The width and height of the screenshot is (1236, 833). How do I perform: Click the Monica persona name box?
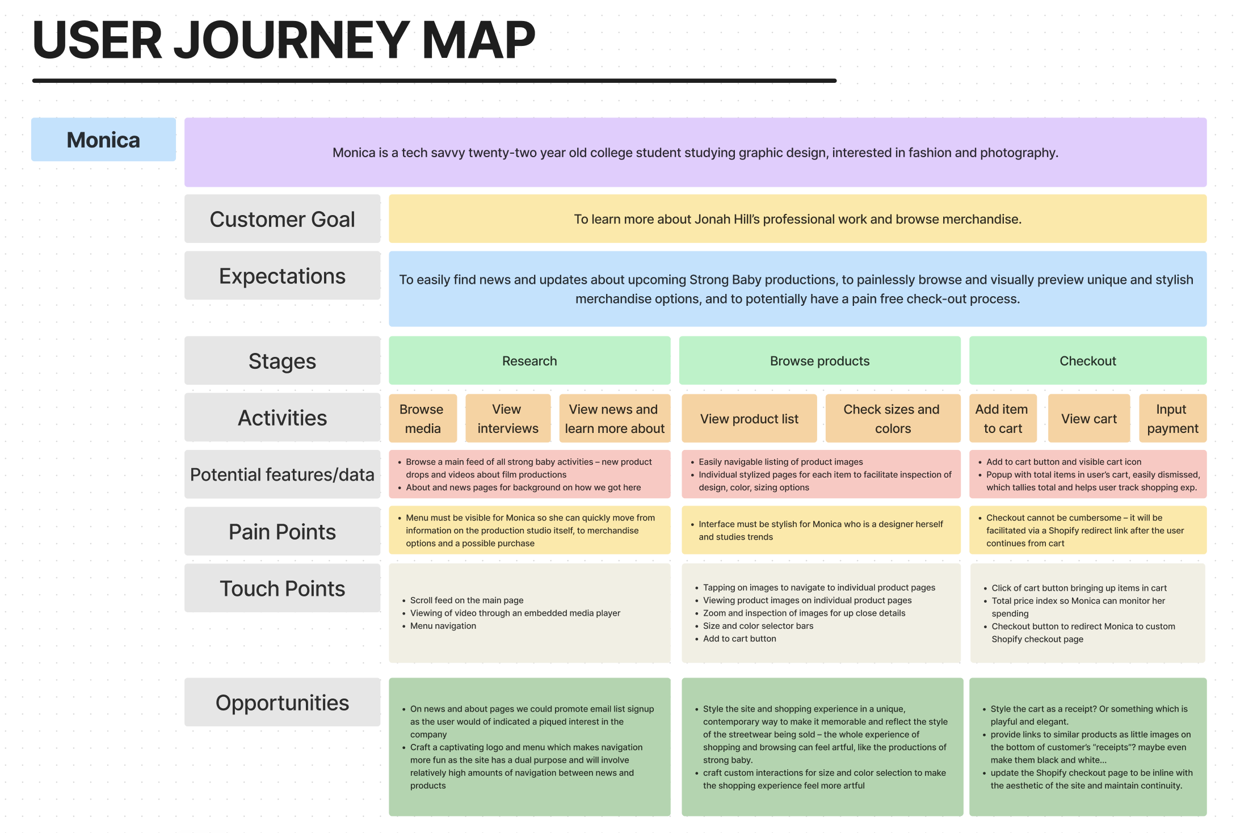coord(103,140)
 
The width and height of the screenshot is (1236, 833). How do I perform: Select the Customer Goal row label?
coord(282,219)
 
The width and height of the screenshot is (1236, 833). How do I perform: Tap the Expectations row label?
coord(282,276)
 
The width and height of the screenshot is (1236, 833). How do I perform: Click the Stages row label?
coord(282,361)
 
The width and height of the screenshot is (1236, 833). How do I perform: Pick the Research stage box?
coord(529,361)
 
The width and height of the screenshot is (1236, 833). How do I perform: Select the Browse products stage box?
coord(819,361)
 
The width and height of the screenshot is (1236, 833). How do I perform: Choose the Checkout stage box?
coord(1087,361)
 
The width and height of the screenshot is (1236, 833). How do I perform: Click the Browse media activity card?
coord(422,419)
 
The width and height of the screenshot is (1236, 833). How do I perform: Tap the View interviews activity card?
coord(507,419)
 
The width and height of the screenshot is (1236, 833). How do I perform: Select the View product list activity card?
coord(749,419)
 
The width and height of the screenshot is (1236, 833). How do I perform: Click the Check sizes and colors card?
coord(892,419)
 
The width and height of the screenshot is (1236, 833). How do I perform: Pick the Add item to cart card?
coord(1002,419)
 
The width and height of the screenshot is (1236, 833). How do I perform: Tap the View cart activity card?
coord(1088,419)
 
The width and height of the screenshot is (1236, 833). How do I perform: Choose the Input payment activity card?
coord(1172,419)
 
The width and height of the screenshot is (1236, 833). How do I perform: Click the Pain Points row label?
coord(282,532)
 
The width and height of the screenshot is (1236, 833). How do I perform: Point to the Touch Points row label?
coord(282,588)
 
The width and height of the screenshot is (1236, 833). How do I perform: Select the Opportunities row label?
coord(282,702)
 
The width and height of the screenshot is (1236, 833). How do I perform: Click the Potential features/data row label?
coord(282,474)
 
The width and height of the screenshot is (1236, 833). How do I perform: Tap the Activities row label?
coord(282,418)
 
